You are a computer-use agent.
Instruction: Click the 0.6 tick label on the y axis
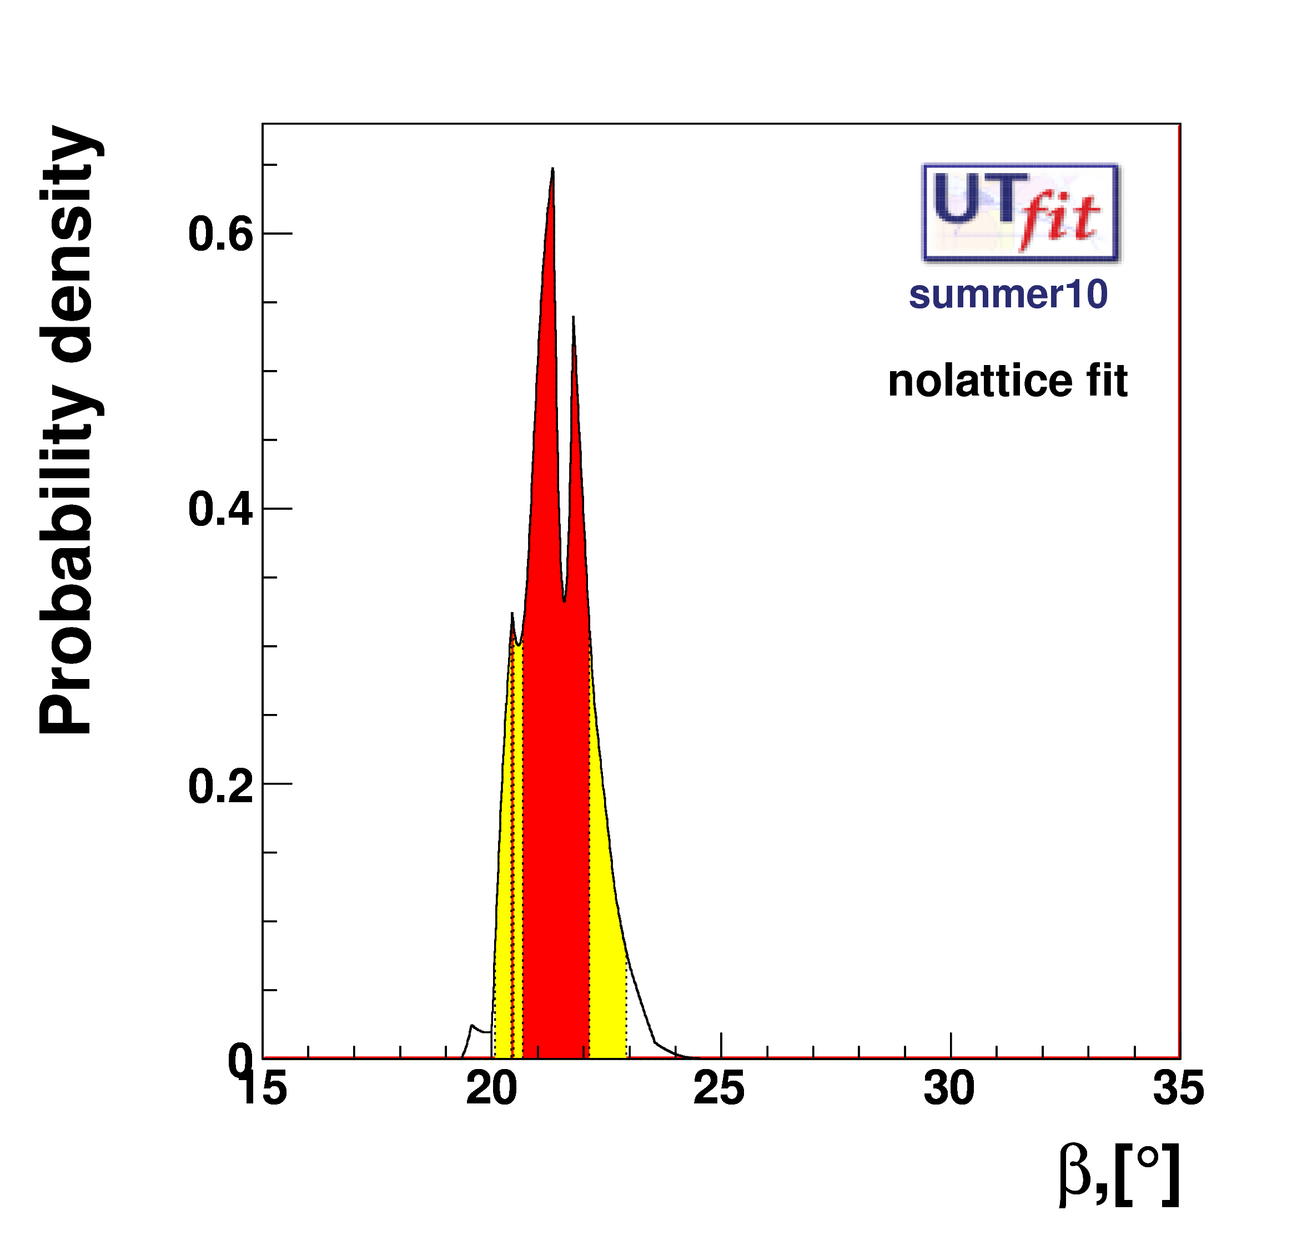pyautogui.click(x=220, y=235)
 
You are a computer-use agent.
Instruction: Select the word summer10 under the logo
pyautogui.click(x=1008, y=294)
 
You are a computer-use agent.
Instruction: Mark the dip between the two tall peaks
pyautogui.click(x=564, y=601)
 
